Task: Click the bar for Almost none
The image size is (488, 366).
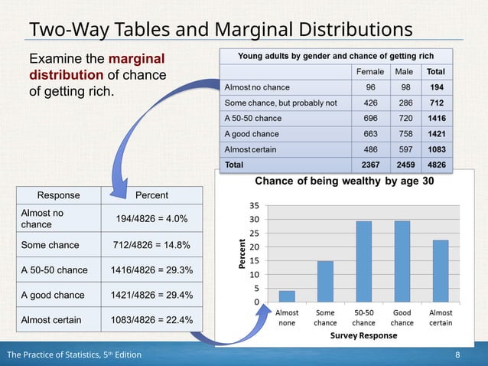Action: click(x=287, y=296)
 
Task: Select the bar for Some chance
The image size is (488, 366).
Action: click(x=325, y=282)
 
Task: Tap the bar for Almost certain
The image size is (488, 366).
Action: click(x=440, y=271)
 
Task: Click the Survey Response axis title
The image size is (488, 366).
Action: click(x=363, y=335)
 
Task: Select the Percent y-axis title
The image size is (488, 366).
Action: click(x=243, y=253)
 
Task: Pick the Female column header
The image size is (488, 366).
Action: click(x=370, y=71)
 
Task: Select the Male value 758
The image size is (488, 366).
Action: click(x=404, y=134)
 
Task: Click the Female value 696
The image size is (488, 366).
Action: click(x=370, y=118)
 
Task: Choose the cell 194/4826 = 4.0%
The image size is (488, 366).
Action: click(x=151, y=219)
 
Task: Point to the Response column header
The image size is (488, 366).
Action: click(x=58, y=195)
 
